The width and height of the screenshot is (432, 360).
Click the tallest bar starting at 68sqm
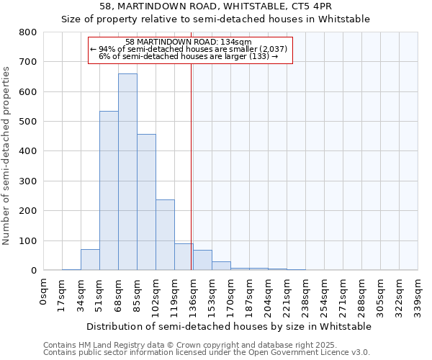[127, 173]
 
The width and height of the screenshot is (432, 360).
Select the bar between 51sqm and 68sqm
[109, 191]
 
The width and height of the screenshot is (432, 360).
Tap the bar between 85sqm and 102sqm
[146, 202]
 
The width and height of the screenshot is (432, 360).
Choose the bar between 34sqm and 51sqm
[90, 260]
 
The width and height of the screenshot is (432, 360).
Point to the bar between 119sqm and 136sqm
[184, 257]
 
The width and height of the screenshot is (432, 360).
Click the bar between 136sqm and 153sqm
[202, 261]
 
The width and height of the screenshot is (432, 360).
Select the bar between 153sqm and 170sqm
[221, 266]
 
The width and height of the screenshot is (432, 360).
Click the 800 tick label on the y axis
[27, 32]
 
